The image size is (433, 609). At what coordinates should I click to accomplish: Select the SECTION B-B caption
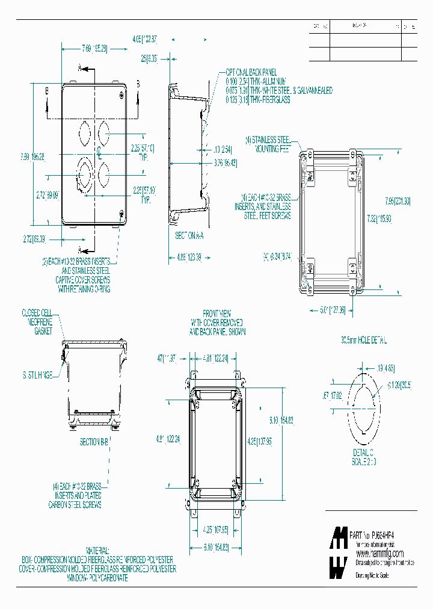[x=94, y=441]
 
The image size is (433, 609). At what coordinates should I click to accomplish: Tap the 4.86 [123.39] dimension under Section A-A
[x=188, y=257]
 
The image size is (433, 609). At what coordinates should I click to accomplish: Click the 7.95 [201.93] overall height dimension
[x=398, y=201]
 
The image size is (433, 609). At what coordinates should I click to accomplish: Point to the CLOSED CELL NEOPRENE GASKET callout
[x=37, y=322]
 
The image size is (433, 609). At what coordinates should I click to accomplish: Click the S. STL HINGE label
[x=37, y=375]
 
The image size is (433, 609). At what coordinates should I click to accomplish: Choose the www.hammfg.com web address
[x=379, y=553]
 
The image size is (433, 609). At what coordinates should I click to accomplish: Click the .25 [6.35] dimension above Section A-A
[x=149, y=59]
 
